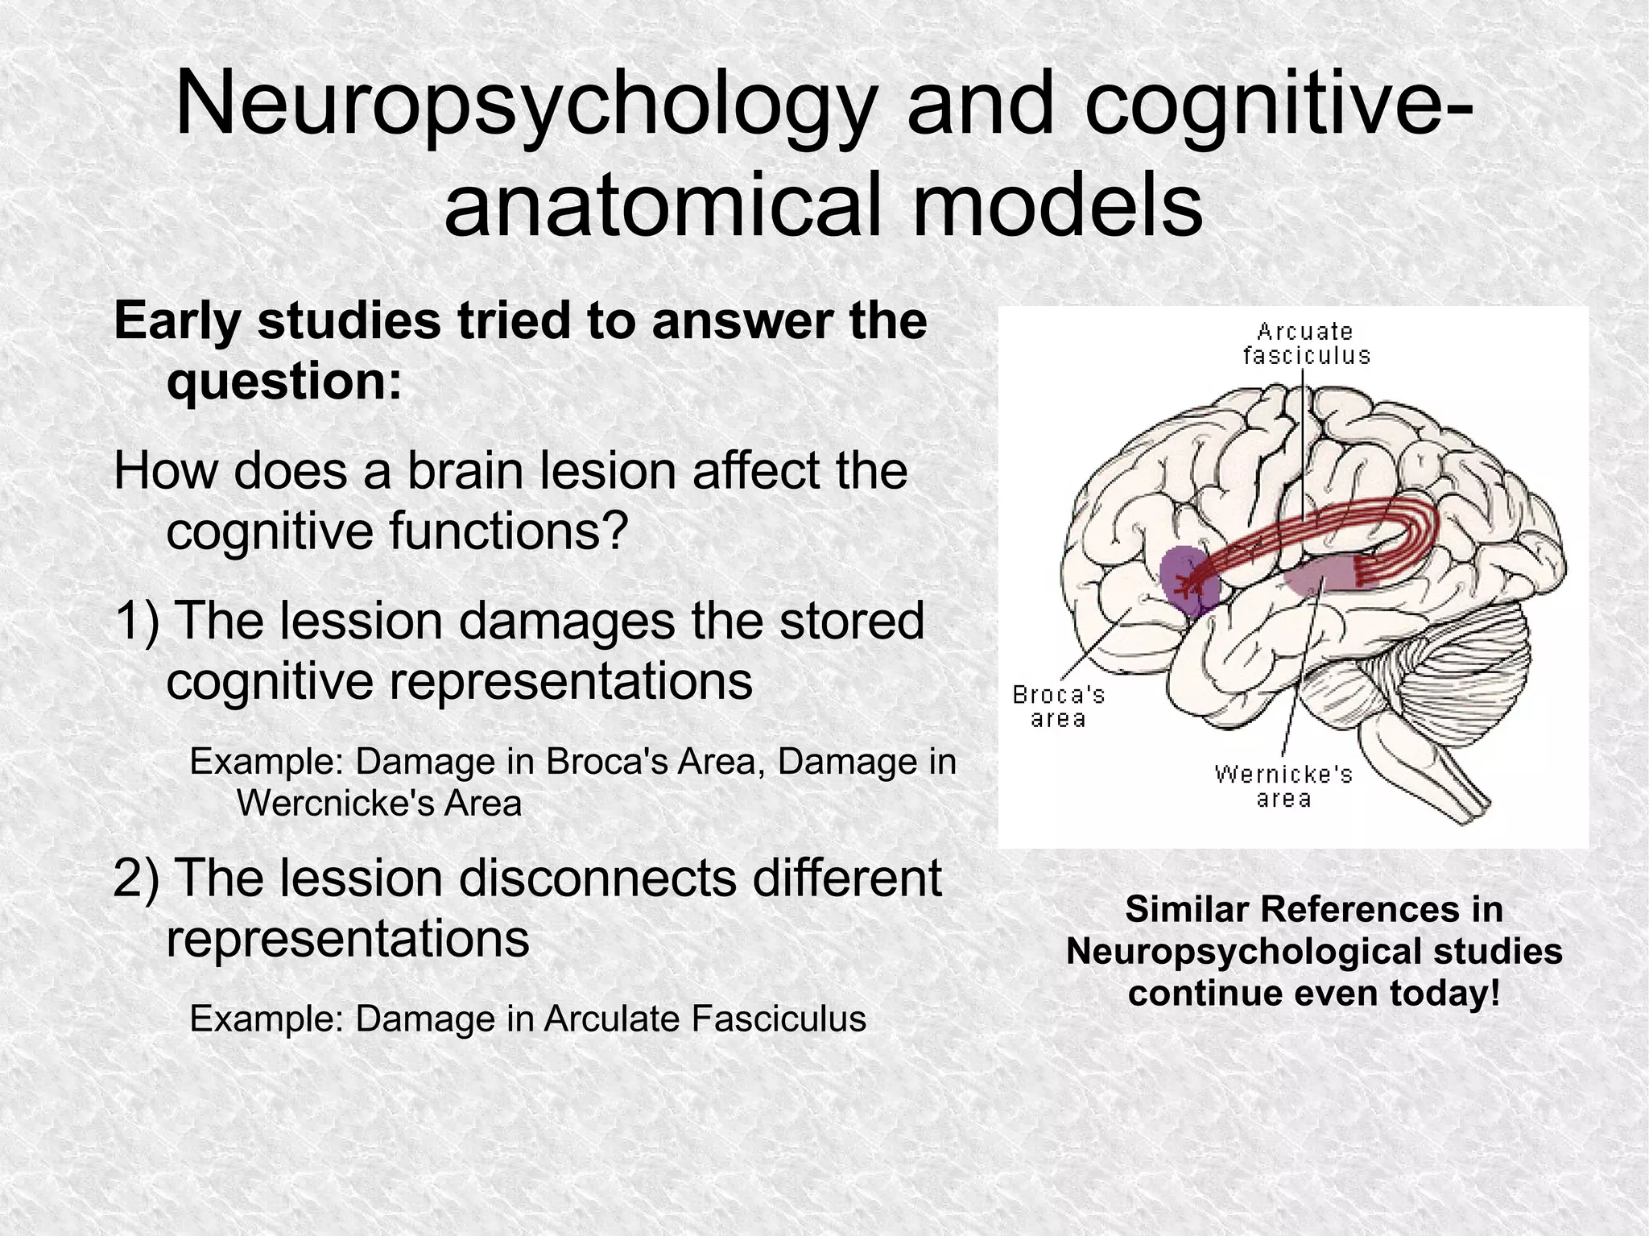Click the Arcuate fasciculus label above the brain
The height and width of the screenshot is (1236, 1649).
1306,344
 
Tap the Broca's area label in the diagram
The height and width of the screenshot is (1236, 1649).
1058,706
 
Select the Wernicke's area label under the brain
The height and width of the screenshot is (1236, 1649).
1283,786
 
